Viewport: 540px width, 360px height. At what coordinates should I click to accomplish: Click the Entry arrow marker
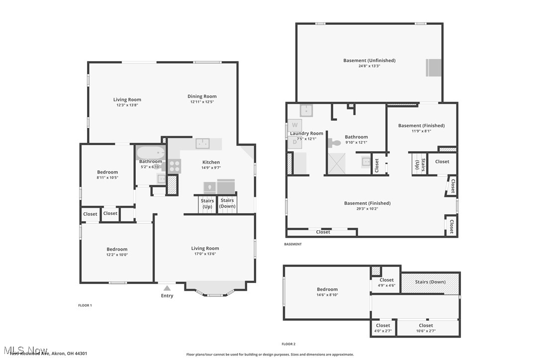tap(167, 287)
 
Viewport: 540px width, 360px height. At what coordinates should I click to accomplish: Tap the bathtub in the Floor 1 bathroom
tap(150, 153)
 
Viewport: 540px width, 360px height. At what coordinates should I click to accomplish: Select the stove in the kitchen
tap(174, 166)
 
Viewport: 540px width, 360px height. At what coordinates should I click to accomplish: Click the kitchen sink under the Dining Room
tap(202, 144)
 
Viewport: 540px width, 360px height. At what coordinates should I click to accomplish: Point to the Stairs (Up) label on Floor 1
tap(207, 203)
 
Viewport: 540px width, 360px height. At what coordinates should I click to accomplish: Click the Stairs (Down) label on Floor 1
tap(227, 203)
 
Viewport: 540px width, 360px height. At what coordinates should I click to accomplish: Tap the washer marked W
tap(294, 124)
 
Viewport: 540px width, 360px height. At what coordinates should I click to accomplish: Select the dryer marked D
tap(294, 142)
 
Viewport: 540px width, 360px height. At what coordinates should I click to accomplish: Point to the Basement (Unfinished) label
tap(369, 61)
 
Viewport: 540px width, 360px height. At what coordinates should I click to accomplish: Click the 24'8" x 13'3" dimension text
tap(369, 66)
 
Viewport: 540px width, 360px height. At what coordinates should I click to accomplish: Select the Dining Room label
tap(202, 96)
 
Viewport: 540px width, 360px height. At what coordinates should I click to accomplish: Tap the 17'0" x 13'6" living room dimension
tap(205, 254)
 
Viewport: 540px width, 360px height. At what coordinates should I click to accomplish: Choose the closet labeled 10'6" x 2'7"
tap(426, 328)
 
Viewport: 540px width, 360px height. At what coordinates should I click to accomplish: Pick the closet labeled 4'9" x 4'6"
tap(386, 282)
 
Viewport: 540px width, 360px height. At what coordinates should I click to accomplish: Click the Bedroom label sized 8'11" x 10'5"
tap(107, 172)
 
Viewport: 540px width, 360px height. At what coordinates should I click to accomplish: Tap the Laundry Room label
tap(306, 133)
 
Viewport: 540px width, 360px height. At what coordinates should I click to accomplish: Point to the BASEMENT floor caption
tap(293, 244)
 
